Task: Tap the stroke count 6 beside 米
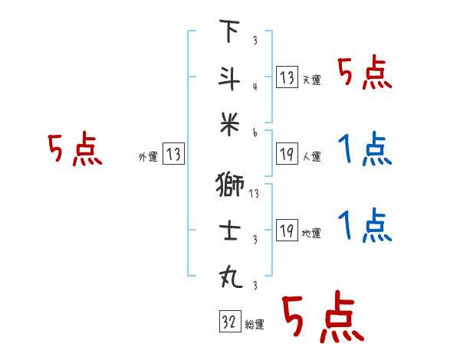(x=254, y=133)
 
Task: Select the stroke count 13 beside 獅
(x=255, y=193)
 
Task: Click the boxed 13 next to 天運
(x=287, y=77)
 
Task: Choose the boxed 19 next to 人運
(x=287, y=154)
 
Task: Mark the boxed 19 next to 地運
(x=287, y=231)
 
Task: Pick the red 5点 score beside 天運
(x=365, y=74)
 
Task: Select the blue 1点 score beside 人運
(x=365, y=150)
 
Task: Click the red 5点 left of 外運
(x=75, y=150)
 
